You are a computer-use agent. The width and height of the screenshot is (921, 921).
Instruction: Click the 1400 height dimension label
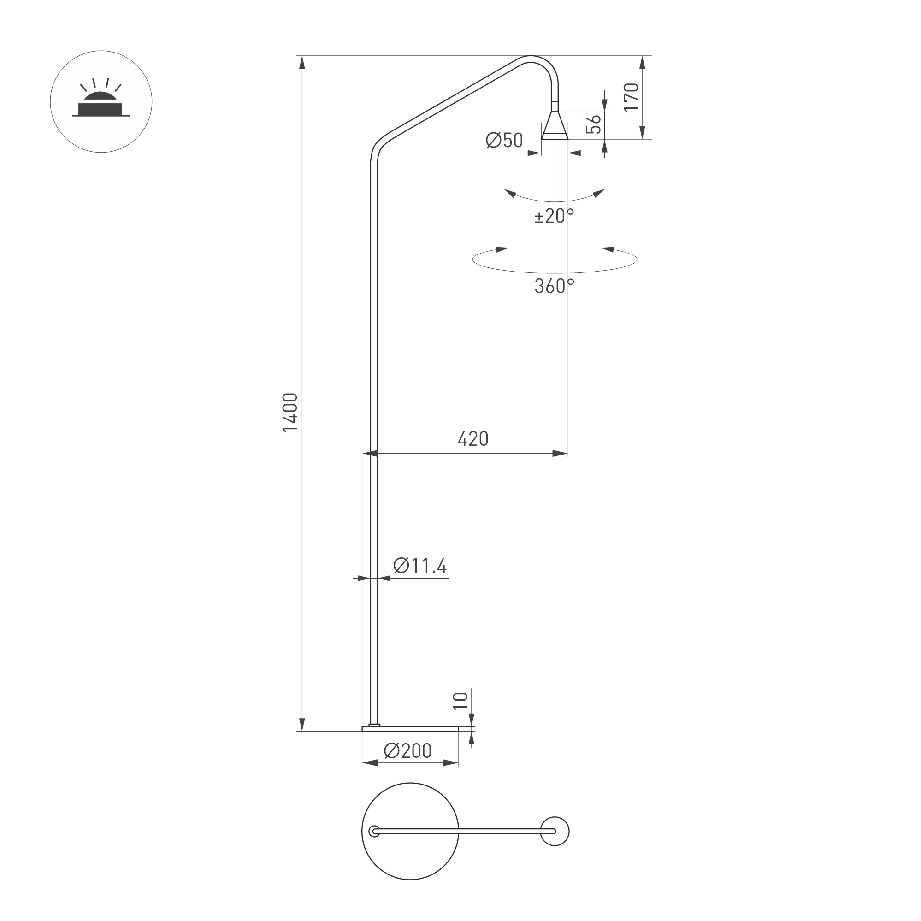click(290, 413)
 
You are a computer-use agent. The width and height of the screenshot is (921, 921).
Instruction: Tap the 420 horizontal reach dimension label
click(472, 439)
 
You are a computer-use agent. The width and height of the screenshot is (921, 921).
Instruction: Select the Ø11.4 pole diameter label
click(420, 566)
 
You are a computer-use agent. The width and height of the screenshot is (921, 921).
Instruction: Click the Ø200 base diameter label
click(407, 751)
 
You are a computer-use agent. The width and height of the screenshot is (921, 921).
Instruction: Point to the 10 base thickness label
click(460, 701)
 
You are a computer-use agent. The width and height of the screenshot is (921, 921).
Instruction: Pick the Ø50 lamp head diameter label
click(504, 141)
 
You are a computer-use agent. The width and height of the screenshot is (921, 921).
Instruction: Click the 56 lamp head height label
click(594, 124)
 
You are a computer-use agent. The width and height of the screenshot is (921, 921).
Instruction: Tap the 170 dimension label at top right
click(631, 97)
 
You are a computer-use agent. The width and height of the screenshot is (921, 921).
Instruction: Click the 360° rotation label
click(554, 286)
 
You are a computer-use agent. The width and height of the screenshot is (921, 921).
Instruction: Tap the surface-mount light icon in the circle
click(101, 101)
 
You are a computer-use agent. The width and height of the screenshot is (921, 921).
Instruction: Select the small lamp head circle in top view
click(555, 832)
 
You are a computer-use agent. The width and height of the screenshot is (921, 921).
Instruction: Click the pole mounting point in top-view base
click(375, 832)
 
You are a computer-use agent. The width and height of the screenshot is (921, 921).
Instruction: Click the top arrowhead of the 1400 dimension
click(302, 62)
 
